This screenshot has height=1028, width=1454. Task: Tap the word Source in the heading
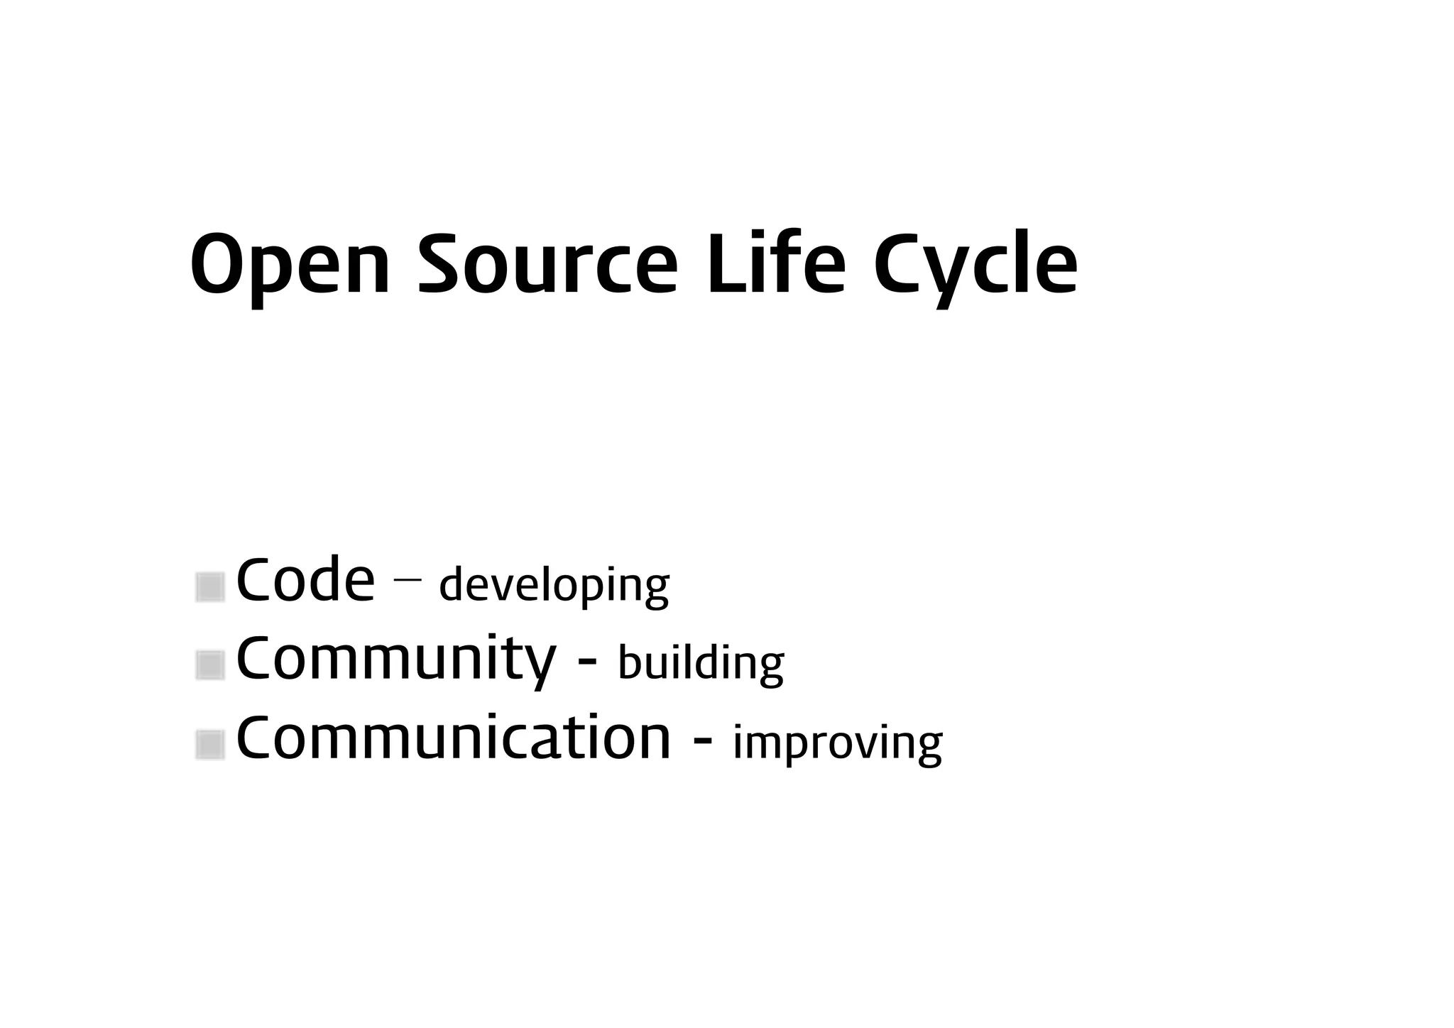pos(547,264)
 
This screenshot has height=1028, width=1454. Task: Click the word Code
pos(305,581)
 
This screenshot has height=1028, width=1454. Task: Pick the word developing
pos(554,586)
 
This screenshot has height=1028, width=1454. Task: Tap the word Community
pos(395,660)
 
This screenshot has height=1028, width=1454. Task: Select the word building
pos(701,665)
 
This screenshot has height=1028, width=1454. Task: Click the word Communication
pos(453,738)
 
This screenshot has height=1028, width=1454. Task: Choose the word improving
pos(837,744)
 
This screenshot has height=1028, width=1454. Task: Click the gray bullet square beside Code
pos(210,587)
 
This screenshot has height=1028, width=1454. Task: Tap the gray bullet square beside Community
pos(210,665)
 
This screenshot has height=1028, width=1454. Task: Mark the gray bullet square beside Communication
pos(210,745)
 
